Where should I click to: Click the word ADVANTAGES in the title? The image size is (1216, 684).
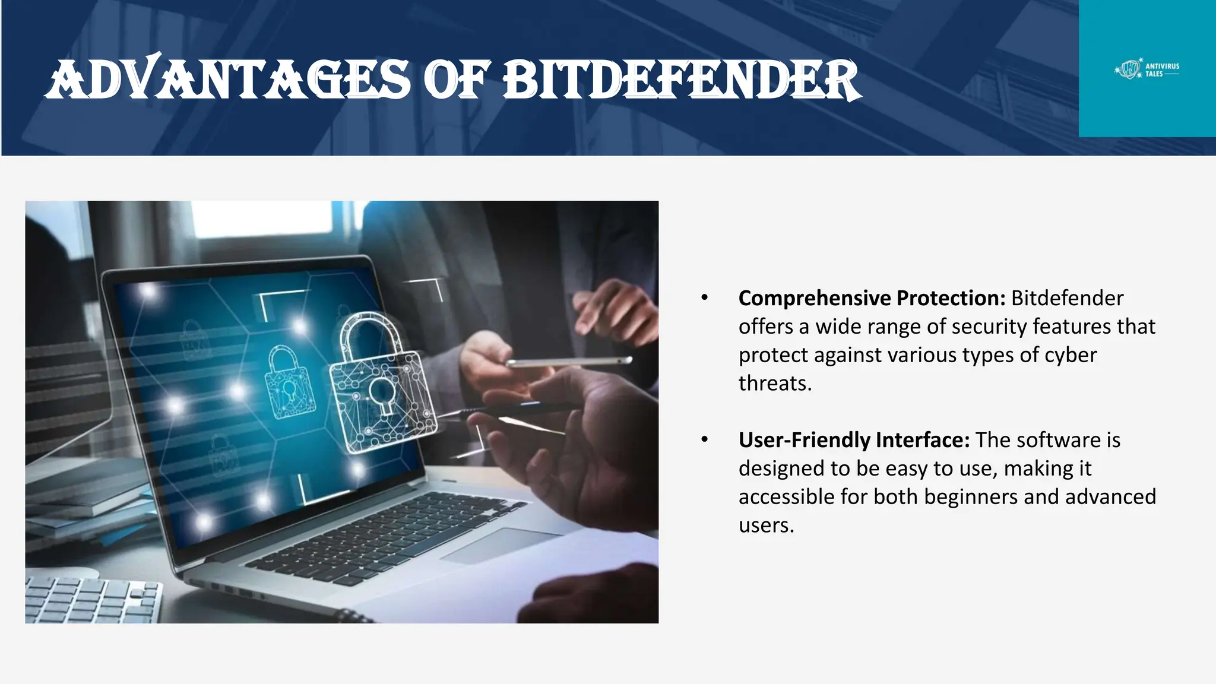pyautogui.click(x=229, y=80)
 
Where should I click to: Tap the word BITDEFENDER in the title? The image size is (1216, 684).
pyautogui.click(x=682, y=80)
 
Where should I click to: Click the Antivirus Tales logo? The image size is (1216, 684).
pyautogui.click(x=1147, y=70)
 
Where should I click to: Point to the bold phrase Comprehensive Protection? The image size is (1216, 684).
pyautogui.click(x=872, y=298)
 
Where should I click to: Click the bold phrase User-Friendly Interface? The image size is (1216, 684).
pyautogui.click(x=854, y=440)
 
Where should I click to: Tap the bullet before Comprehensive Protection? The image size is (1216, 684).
pyautogui.click(x=705, y=297)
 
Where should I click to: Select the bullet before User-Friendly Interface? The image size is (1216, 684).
pyautogui.click(x=705, y=439)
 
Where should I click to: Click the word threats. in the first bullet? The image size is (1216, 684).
pyautogui.click(x=775, y=384)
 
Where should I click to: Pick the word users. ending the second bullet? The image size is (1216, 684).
pyautogui.click(x=766, y=525)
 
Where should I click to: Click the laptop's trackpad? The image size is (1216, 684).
pyautogui.click(x=502, y=545)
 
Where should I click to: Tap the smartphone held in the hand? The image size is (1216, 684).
pyautogui.click(x=568, y=361)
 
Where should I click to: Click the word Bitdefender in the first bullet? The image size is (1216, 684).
pyautogui.click(x=1067, y=298)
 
